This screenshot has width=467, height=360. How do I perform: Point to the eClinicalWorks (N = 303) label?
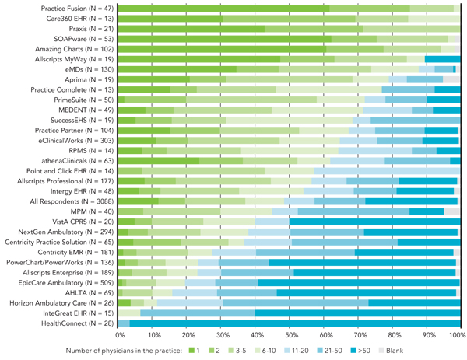pyautogui.click(x=74, y=140)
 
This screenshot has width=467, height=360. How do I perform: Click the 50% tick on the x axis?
pyautogui.click(x=290, y=334)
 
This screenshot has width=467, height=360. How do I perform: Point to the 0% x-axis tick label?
pyautogui.click(x=120, y=334)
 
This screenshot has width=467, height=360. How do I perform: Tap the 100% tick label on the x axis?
pyautogui.click(x=458, y=334)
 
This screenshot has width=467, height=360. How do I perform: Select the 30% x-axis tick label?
pyautogui.click(x=222, y=334)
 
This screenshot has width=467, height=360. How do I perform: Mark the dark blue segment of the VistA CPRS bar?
pyautogui.click(x=374, y=221)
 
